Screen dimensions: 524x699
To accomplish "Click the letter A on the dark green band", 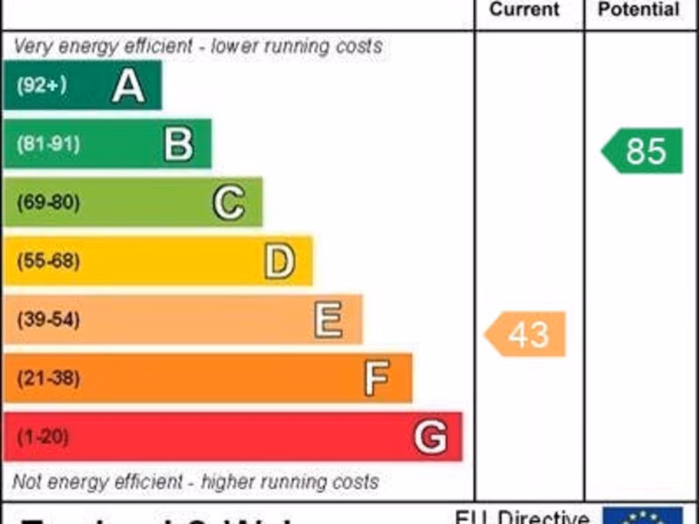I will (x=128, y=86).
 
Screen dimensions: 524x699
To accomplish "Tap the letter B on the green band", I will (x=179, y=145).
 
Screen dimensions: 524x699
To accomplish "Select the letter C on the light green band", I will (x=229, y=203).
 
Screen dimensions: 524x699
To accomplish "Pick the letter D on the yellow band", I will (x=280, y=261).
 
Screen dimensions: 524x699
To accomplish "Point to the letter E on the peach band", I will (x=328, y=319).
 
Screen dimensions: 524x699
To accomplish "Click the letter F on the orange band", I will (x=377, y=378).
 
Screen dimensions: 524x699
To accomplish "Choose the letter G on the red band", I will (x=431, y=437).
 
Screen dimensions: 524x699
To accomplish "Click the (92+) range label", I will (x=42, y=86).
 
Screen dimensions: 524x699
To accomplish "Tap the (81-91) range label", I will (x=48, y=145).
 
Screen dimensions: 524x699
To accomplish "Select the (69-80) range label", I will (x=48, y=203).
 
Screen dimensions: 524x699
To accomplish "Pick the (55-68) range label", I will (x=48, y=261).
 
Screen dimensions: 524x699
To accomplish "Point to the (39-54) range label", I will (x=48, y=319).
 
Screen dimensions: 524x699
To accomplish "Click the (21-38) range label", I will (x=48, y=378).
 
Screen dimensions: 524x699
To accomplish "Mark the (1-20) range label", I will (x=42, y=437).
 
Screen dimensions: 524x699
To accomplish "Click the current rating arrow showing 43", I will (x=526, y=334).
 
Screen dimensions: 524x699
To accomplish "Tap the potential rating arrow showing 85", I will (x=643, y=151).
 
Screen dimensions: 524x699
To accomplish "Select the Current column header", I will (x=524, y=10).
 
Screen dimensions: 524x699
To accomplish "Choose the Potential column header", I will (x=639, y=10).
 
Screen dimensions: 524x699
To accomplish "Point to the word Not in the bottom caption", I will (x=27, y=482).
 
